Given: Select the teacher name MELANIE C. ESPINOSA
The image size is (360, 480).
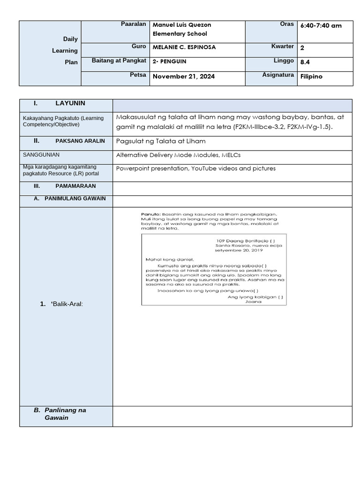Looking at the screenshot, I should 184,47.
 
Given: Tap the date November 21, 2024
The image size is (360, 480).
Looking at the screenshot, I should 184,76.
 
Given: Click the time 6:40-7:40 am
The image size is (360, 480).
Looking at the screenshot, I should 321,25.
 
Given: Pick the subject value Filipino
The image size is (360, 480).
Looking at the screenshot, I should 311,76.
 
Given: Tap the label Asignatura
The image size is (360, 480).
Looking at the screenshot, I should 278,75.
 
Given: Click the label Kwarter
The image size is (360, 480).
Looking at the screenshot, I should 282,46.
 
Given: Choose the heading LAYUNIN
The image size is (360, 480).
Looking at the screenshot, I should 70,103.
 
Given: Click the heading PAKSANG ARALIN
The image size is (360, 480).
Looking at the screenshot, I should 80,141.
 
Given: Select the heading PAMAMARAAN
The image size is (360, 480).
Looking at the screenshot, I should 79,186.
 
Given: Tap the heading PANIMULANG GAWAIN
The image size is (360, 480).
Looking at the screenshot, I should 75,199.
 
